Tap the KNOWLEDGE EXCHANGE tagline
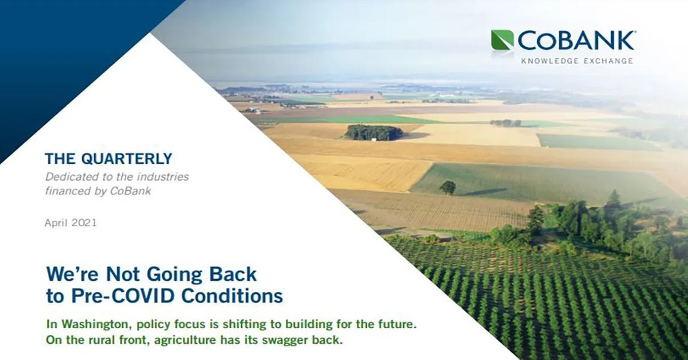coord(576,61)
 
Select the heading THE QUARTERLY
coord(109,159)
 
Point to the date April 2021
coord(71,223)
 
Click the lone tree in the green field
coord(447,187)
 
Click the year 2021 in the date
coord(84,223)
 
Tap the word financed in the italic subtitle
coord(67,191)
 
